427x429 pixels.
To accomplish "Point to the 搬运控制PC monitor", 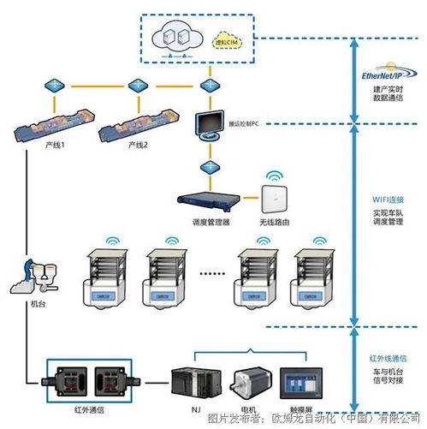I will click(x=208, y=126).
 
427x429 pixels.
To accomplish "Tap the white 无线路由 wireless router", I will click(x=274, y=200).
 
